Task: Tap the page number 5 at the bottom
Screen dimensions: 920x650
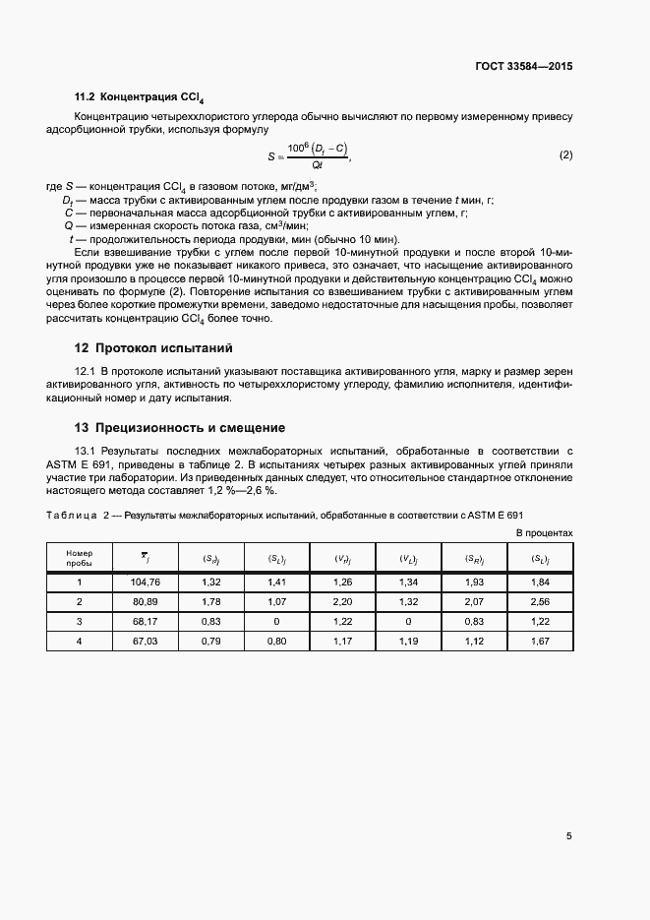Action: point(569,836)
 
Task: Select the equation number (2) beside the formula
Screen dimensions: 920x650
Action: point(565,155)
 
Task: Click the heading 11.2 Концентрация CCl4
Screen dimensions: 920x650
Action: point(140,97)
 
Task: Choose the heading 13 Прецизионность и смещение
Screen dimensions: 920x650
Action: point(180,428)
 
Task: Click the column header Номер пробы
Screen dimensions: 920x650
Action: point(79,559)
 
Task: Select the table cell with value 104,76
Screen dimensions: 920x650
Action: point(145,583)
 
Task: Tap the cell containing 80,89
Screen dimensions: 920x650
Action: point(145,601)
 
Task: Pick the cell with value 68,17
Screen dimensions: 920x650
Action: point(145,621)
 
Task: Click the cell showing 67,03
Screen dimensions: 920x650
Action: point(145,640)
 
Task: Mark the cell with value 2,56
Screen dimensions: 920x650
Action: point(540,601)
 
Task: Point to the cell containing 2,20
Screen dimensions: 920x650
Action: point(342,601)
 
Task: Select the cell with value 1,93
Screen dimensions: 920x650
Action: point(474,583)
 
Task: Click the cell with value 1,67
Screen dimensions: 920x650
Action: point(540,640)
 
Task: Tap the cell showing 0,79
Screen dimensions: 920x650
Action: point(210,640)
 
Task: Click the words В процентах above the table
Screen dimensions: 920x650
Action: point(545,532)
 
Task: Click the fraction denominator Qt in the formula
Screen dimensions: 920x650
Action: point(316,164)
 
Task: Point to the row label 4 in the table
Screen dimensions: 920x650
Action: point(79,640)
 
